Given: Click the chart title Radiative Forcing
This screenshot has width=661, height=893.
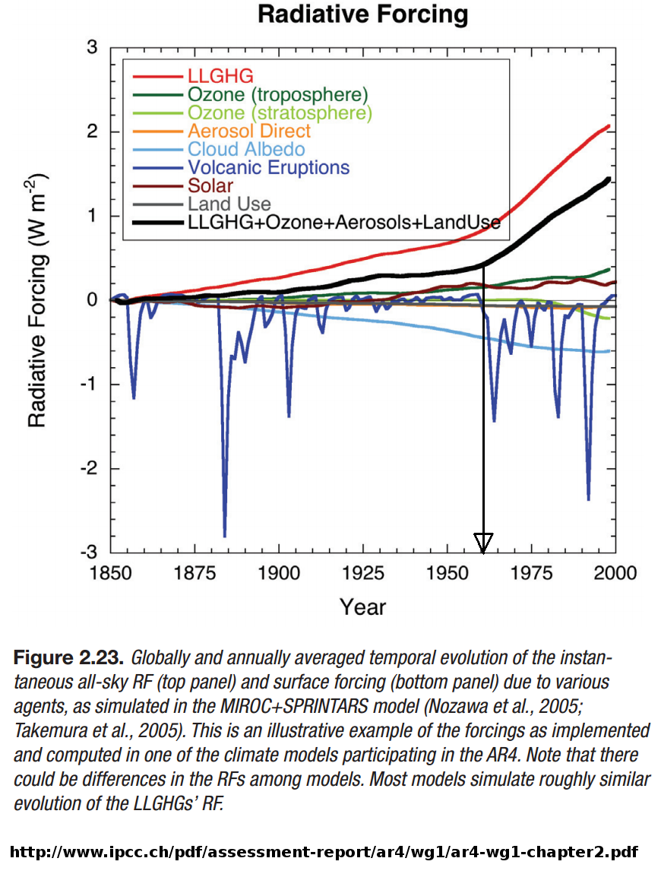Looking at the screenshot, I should click(362, 14).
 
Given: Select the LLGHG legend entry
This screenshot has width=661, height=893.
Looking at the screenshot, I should click(220, 76).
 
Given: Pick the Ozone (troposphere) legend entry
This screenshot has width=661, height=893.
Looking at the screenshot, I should click(277, 94).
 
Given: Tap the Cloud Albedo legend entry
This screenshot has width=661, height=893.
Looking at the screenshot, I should click(246, 149).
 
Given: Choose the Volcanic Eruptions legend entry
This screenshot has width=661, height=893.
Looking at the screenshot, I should click(268, 167).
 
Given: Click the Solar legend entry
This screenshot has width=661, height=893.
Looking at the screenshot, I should click(210, 185).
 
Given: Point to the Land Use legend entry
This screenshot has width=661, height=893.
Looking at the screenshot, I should click(229, 204).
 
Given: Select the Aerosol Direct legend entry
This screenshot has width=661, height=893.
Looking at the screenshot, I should click(249, 131).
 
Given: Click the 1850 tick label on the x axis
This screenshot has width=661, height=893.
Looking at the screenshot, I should click(111, 572).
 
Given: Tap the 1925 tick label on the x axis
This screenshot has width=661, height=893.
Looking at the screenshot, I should click(362, 572).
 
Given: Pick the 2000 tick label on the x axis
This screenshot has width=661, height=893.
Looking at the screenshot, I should click(614, 572).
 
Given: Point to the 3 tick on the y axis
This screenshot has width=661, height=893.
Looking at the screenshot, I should click(93, 47).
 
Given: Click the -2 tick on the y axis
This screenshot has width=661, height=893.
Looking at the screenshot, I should click(90, 468).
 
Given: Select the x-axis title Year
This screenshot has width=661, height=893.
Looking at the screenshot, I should click(362, 606).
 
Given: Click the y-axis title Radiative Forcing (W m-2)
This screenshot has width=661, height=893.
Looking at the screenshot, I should click(38, 300).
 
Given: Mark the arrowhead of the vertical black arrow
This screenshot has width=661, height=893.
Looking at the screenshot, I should click(483, 543).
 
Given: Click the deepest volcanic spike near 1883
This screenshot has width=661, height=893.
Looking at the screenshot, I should click(225, 534).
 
